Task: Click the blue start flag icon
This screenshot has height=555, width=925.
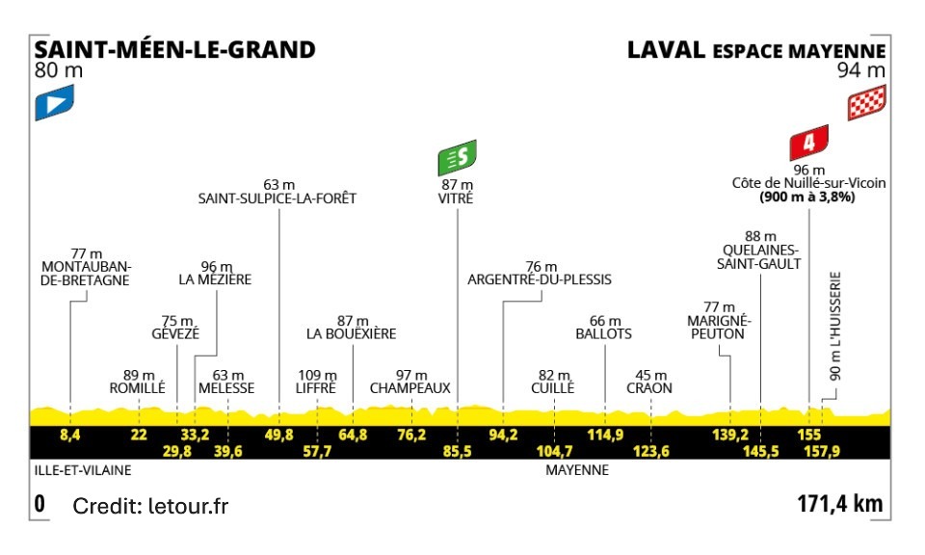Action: pos(54,103)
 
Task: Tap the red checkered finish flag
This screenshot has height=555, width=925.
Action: pos(866,103)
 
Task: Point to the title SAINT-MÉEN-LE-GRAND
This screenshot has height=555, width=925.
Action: pos(174,49)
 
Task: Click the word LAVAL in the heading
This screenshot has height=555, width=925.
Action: pos(666,49)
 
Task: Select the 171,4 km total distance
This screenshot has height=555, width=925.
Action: pos(840,504)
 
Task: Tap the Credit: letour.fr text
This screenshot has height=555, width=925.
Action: pos(151,505)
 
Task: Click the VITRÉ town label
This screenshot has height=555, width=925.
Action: pos(458,198)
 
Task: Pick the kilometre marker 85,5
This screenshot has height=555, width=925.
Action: pos(457,451)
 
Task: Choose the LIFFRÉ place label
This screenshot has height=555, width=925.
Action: pos(316,388)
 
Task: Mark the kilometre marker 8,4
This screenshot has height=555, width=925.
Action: pos(69,436)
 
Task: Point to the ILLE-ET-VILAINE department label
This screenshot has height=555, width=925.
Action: pos(81,471)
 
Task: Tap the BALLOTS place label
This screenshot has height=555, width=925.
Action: pos(604,334)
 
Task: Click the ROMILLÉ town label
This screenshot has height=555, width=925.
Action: pos(139,388)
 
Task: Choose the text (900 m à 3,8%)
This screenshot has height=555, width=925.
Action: pos(807,197)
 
